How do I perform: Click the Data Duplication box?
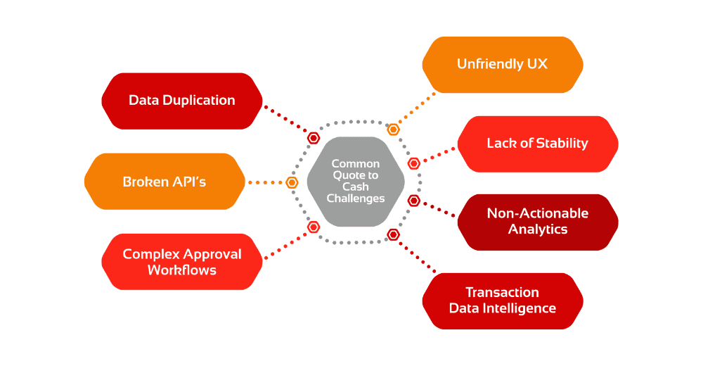[x=182, y=101]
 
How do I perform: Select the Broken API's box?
[x=165, y=182]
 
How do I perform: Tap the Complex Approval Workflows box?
[x=182, y=262]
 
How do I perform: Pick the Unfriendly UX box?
[x=502, y=65]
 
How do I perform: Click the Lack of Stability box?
[x=537, y=144]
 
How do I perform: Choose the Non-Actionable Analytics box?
[x=537, y=222]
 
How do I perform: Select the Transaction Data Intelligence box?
[x=502, y=301]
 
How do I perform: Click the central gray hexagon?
[x=356, y=182]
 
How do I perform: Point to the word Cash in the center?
[x=356, y=187]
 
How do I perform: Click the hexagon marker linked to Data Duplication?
[x=314, y=138]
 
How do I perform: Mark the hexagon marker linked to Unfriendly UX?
[x=393, y=130]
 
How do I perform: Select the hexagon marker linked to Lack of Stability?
[x=414, y=163]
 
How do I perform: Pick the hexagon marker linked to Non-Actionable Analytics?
[x=414, y=201]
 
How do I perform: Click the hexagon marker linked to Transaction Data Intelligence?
[x=393, y=234]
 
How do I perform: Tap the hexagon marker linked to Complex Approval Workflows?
[x=314, y=227]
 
